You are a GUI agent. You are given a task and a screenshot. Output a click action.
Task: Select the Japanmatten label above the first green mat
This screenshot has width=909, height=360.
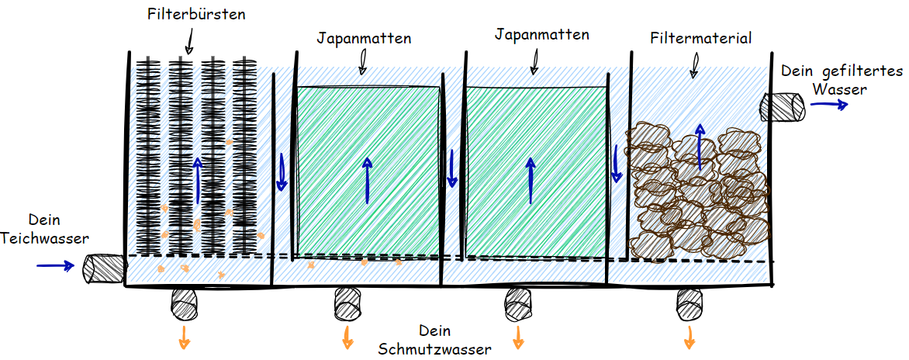click(364, 37)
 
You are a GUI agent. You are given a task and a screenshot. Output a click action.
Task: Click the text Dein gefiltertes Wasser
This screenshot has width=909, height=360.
click(842, 79)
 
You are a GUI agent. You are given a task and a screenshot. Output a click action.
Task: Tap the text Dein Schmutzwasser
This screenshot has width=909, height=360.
click(434, 339)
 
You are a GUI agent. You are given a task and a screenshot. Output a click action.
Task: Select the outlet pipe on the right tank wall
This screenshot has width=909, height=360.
click(785, 106)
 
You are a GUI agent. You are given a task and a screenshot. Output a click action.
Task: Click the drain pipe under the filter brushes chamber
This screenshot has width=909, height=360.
click(185, 302)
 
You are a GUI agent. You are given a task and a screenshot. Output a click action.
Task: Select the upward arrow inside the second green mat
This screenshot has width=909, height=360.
click(531, 180)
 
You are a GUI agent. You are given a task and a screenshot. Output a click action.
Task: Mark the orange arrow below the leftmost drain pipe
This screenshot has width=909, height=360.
click(185, 335)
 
